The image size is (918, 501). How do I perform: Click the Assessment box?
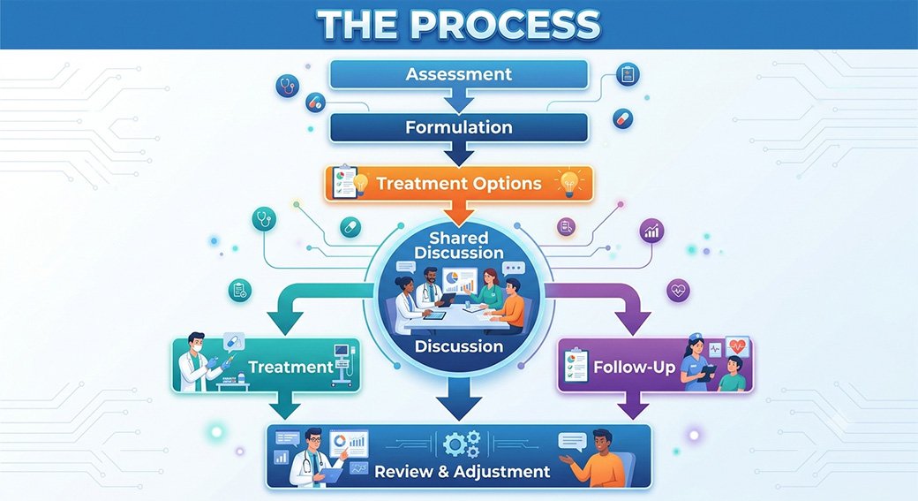coord(459,74)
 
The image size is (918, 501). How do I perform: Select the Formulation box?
coord(459,127)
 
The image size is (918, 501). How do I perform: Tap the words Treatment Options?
coord(459,184)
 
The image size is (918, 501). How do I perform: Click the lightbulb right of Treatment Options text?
coord(570,182)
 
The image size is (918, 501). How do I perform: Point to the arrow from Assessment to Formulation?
coord(459,101)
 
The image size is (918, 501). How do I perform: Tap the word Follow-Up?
coord(635,368)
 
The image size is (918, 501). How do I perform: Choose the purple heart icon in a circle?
coord(679,291)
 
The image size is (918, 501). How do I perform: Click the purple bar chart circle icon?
coord(651,232)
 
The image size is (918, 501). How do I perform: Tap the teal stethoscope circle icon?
coord(264,220)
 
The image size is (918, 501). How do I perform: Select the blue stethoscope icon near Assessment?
coord(288,86)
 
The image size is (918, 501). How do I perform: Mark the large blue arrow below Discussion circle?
coord(459,399)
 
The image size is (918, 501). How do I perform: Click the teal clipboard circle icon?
coord(240,290)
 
